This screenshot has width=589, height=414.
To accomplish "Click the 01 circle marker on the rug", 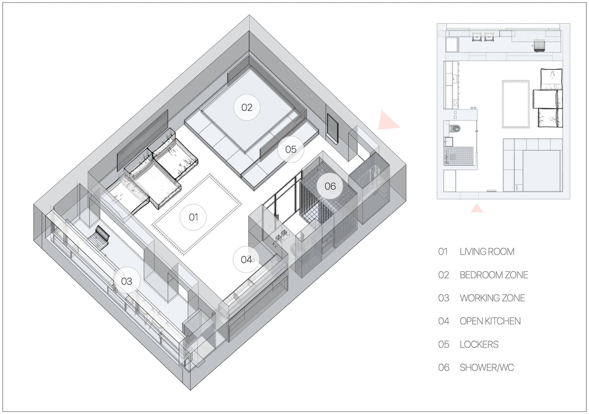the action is (193, 217).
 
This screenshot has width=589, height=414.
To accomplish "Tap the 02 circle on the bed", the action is (247, 107).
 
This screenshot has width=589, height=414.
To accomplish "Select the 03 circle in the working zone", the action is (127, 281).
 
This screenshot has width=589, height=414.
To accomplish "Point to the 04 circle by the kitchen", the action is (246, 259).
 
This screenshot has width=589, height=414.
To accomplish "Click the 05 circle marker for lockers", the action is (291, 149).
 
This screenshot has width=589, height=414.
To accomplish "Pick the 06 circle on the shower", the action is (330, 186).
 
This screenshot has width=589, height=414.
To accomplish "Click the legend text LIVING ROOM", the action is (487, 252).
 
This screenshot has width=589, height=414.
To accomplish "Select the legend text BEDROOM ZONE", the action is (494, 275).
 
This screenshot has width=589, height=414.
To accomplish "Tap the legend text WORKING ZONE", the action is (492, 298).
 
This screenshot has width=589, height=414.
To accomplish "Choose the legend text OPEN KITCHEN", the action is (490, 321).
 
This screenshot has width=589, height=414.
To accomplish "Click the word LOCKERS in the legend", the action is (479, 344).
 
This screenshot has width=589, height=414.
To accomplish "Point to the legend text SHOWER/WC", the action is (487, 367).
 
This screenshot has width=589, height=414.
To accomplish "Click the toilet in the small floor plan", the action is (455, 128).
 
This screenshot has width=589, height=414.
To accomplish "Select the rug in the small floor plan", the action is (516, 104).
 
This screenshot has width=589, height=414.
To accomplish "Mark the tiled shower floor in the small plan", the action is (458, 156).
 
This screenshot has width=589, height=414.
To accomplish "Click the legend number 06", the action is (443, 368).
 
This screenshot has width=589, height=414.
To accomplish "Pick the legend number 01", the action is (443, 252).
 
